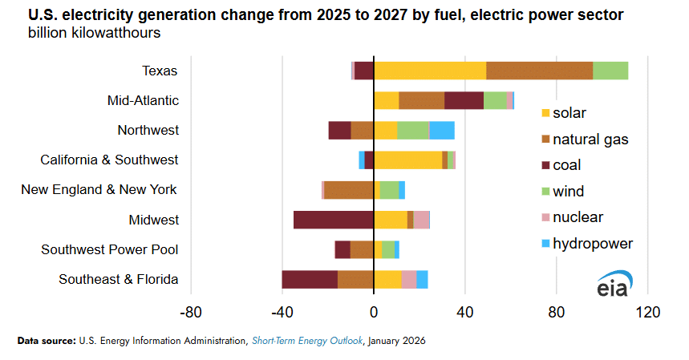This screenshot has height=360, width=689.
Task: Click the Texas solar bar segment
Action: (430, 71)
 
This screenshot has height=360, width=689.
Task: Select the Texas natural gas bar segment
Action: (539, 71)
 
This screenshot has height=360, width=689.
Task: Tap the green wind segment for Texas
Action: (610, 71)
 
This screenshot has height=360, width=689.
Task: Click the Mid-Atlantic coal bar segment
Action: (464, 100)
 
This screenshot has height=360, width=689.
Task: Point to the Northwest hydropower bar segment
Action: (442, 130)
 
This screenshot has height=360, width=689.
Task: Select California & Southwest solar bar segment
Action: (407, 160)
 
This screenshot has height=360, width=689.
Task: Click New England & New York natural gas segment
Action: (349, 190)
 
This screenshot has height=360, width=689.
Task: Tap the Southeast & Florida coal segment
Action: (310, 279)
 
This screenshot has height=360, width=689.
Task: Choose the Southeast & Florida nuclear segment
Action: (409, 279)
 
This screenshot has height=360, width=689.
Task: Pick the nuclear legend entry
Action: (578, 217)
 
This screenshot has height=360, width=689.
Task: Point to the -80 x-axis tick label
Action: (191, 312)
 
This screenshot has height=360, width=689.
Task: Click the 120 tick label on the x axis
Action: (647, 312)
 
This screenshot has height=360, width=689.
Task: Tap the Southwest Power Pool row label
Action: (110, 249)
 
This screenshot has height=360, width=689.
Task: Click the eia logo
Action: (614, 284)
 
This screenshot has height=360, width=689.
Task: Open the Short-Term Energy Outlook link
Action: (308, 341)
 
